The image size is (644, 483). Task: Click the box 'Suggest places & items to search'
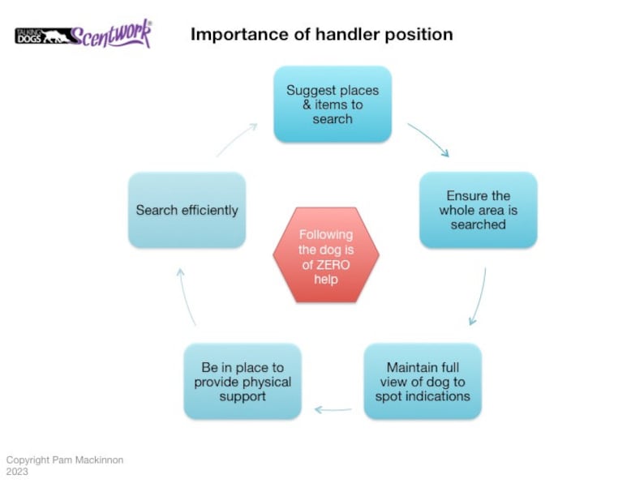[333, 105]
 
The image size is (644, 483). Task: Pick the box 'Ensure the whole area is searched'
[478, 210]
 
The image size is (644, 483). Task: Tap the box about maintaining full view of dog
[422, 382]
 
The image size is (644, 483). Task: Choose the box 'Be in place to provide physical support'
[243, 382]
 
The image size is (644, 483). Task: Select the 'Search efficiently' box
[187, 210]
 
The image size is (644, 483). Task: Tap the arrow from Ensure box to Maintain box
[478, 296]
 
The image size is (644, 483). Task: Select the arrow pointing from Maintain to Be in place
[333, 409]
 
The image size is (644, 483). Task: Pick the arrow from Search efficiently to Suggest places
[237, 139]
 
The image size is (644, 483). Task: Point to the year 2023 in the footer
[17, 471]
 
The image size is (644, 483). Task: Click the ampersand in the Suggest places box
[294, 105]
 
